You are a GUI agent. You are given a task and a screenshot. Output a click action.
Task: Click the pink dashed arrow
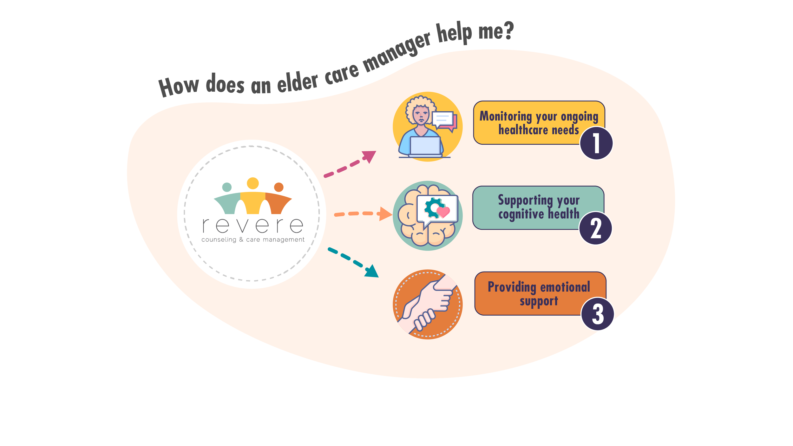(349, 164)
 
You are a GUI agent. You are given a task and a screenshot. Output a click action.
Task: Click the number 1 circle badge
(596, 143)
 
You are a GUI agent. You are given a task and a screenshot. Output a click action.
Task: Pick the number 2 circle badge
(595, 228)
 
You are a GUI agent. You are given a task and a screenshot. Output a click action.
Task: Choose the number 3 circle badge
(597, 314)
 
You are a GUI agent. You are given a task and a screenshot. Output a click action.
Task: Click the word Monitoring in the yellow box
(505, 116)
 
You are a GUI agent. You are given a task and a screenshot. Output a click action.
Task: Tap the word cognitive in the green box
(521, 214)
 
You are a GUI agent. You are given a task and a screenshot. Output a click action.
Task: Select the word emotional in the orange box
(565, 287)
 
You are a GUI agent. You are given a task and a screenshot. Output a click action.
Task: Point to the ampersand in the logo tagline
(241, 239)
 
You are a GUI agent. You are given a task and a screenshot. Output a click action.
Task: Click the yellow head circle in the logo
(253, 183)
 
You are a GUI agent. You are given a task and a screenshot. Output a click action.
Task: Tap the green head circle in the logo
(227, 187)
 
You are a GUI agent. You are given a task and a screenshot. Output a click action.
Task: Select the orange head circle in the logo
(279, 187)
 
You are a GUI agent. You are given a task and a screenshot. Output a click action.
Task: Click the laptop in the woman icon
(425, 146)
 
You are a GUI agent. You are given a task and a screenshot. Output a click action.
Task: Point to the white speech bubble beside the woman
(442, 119)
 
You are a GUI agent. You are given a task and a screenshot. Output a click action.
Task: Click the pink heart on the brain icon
(443, 211)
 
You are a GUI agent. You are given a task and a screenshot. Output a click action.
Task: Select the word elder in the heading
(297, 82)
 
